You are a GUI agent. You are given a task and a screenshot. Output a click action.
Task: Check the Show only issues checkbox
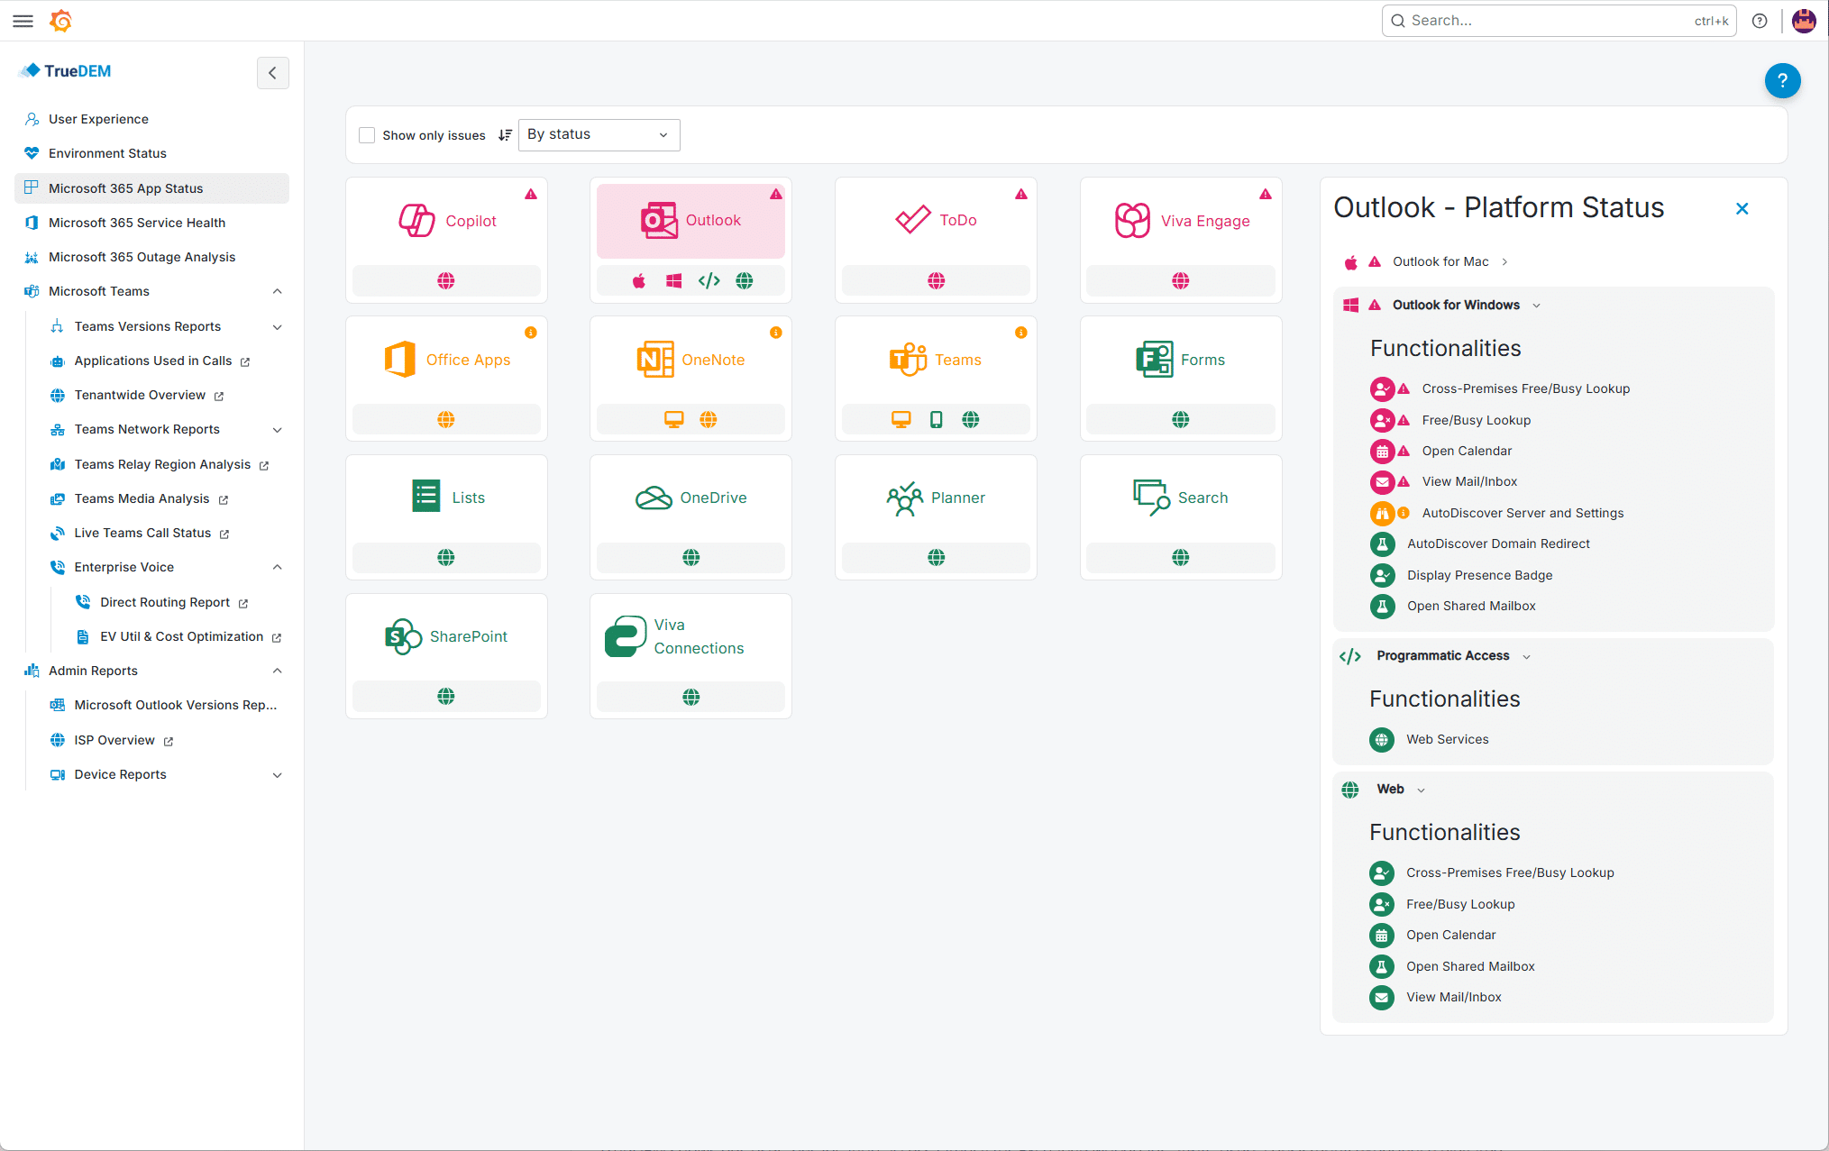point(367,135)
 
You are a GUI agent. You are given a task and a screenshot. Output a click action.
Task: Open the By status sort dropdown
point(599,134)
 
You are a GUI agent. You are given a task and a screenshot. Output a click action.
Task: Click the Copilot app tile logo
point(416,220)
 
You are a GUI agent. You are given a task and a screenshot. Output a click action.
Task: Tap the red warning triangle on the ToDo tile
point(1020,194)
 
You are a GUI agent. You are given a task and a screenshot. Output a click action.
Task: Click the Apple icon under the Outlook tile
point(639,281)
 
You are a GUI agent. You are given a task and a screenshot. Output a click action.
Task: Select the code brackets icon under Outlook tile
point(709,281)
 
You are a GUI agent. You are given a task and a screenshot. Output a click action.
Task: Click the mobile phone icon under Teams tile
point(936,419)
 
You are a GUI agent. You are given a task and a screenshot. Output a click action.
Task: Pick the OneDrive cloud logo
point(654,498)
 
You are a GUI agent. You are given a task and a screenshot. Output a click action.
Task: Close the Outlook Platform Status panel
point(1742,208)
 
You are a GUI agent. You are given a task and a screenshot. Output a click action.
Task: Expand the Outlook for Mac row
point(1440,261)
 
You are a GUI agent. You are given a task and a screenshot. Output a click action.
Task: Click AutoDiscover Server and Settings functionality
point(1523,513)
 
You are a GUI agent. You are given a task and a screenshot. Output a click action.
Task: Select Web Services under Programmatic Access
point(1448,739)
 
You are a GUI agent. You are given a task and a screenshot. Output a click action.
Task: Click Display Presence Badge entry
point(1479,575)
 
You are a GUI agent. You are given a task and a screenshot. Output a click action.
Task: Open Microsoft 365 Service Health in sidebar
point(137,223)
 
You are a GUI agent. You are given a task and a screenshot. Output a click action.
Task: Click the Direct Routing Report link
point(165,602)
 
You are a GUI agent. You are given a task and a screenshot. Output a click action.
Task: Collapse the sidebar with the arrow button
point(272,73)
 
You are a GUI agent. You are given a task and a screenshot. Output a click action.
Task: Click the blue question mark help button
point(1782,80)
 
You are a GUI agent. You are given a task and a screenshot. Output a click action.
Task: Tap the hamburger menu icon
point(23,21)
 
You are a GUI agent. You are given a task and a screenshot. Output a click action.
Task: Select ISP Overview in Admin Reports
point(114,740)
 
